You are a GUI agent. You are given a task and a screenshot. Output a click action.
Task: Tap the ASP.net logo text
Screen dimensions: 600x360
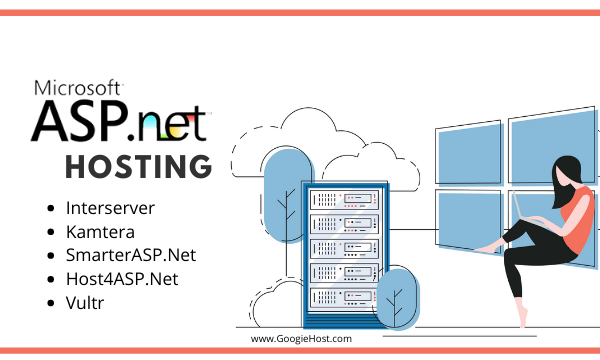click(x=119, y=121)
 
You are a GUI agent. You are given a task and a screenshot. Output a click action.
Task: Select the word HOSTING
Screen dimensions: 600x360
click(x=138, y=165)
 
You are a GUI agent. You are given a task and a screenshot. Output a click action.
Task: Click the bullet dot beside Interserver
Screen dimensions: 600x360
click(x=51, y=209)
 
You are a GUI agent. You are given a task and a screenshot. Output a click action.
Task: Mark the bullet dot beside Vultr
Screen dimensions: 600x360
click(x=51, y=301)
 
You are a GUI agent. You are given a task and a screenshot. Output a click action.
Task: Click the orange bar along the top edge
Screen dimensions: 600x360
click(x=300, y=11)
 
